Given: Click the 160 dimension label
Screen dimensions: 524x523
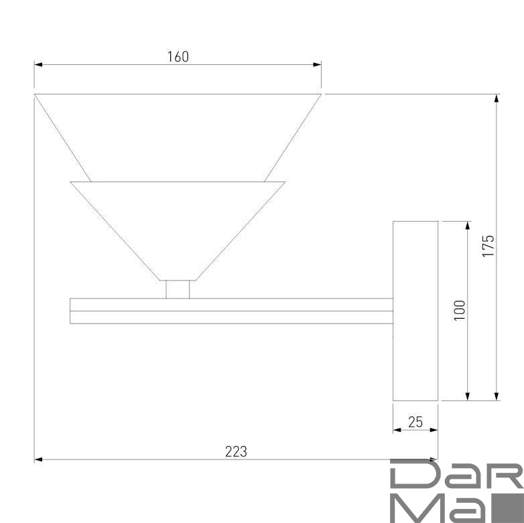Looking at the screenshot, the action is click(x=178, y=57).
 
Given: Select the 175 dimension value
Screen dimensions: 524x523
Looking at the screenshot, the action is click(x=488, y=246).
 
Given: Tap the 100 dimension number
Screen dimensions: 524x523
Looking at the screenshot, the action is click(x=460, y=311).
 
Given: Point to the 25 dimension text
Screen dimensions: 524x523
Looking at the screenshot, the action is click(x=415, y=422).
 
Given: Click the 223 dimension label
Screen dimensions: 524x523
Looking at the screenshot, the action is click(x=236, y=451).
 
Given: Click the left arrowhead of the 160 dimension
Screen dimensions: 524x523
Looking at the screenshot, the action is click(x=38, y=64).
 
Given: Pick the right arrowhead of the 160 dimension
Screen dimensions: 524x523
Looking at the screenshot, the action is click(x=317, y=64).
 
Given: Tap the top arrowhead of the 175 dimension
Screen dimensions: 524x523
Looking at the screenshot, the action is click(x=497, y=98).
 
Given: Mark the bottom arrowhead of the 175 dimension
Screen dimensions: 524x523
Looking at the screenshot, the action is click(x=497, y=396).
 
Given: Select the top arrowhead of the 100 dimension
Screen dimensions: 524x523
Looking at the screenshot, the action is click(x=468, y=226).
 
